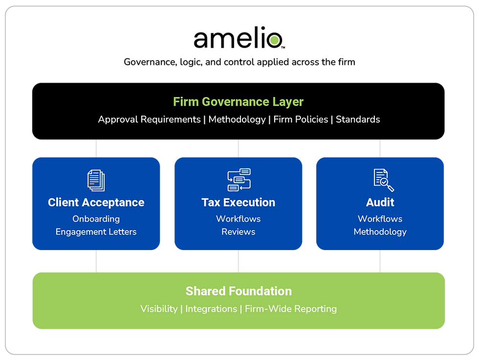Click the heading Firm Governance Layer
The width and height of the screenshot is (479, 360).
[239, 102]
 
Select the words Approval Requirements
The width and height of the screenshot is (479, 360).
[150, 119]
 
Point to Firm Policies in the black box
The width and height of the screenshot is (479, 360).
[301, 119]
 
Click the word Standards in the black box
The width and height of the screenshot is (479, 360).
[358, 119]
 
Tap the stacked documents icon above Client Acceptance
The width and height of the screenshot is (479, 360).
[96, 180]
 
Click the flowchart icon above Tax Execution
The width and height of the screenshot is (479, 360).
[239, 180]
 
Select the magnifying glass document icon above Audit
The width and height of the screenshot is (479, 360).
[384, 180]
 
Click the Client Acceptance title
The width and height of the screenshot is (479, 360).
[96, 202]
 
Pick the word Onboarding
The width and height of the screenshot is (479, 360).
[96, 219]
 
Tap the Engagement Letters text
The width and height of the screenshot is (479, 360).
[96, 232]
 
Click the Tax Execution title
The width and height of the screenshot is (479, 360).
[239, 202]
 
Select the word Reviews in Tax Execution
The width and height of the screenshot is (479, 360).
[239, 232]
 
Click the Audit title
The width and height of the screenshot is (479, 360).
[380, 202]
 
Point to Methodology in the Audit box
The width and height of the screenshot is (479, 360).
[380, 232]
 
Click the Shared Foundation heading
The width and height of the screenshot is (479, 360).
[239, 291]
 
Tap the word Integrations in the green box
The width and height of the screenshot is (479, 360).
[211, 309]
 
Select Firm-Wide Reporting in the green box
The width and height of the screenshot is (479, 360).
[291, 309]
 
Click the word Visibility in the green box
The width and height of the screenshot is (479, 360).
[159, 309]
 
